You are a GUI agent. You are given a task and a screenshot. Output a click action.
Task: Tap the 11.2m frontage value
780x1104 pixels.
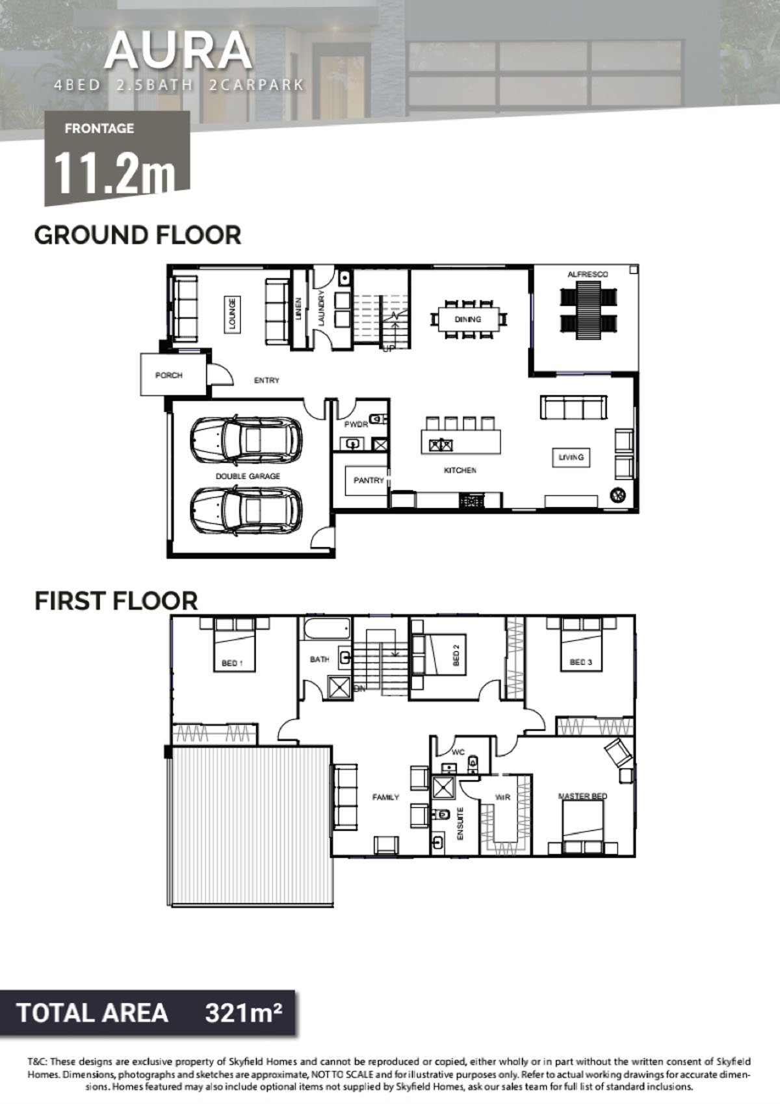(114, 172)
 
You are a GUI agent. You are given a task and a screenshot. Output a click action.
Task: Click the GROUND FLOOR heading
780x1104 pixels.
(138, 235)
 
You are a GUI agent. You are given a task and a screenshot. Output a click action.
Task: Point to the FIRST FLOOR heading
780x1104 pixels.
(116, 600)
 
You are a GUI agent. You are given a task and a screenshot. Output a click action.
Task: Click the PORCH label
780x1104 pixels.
(169, 375)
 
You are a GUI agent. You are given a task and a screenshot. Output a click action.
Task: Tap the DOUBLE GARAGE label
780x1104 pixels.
(248, 476)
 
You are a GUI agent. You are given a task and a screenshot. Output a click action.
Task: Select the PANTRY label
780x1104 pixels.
(369, 480)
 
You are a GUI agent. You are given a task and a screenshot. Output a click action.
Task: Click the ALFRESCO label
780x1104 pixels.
(588, 274)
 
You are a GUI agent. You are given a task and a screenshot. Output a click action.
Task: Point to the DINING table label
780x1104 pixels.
(467, 319)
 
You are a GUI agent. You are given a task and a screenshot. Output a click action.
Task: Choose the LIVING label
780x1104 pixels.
(571, 457)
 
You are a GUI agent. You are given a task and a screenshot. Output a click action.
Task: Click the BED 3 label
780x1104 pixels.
(581, 662)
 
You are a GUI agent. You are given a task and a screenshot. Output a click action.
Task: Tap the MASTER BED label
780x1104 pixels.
(582, 796)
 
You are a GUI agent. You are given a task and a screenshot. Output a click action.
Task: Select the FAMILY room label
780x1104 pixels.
(386, 797)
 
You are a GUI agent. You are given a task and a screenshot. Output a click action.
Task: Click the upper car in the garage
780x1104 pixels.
(247, 440)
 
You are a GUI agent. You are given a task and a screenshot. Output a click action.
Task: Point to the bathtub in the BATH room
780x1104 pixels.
(327, 628)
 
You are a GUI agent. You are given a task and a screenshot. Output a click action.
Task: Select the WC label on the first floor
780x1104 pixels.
(458, 753)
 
